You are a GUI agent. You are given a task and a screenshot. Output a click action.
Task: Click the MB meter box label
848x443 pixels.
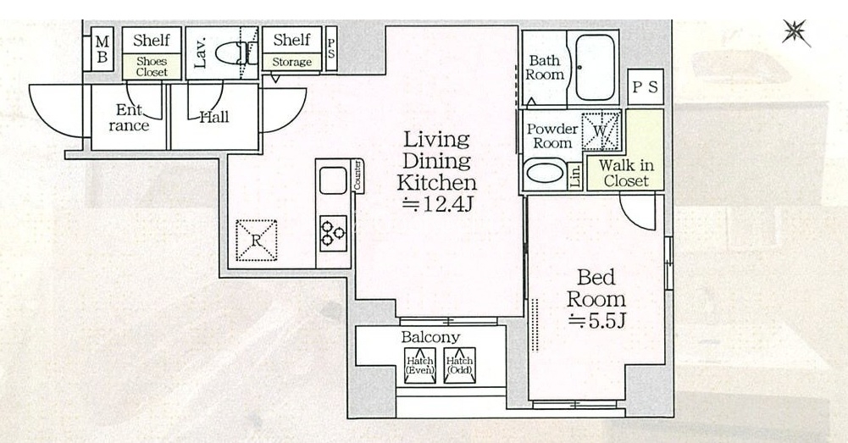[x=103, y=48]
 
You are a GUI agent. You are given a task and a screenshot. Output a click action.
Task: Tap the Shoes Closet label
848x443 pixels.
[x=152, y=67]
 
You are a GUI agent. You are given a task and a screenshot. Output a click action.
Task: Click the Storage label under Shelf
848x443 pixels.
[x=291, y=62]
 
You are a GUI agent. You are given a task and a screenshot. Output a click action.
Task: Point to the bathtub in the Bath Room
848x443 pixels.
[x=595, y=67]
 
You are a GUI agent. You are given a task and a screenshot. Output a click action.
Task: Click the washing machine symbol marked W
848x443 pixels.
[x=601, y=131]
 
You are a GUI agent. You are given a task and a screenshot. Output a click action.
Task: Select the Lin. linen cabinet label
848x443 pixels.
[x=575, y=176]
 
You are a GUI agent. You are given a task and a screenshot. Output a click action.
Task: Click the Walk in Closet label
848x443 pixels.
[x=626, y=173]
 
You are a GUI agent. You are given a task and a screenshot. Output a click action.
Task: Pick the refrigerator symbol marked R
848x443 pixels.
[x=257, y=241]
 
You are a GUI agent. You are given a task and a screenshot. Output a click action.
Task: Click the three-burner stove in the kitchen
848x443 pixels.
[x=333, y=233]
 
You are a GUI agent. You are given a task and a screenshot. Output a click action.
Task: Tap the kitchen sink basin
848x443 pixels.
[x=333, y=180]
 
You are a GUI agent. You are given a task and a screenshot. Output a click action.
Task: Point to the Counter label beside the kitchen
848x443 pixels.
[x=357, y=175]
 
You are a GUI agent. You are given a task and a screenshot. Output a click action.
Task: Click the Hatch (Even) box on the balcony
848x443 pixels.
[x=420, y=366]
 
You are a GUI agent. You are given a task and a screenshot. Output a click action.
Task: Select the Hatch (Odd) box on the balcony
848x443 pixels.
[x=460, y=366]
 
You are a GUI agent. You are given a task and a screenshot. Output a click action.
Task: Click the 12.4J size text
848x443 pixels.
[x=438, y=205]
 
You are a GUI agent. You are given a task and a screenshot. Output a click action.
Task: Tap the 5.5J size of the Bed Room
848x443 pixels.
[x=597, y=321]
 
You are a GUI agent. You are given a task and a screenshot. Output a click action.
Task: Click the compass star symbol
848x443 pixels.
[x=796, y=33]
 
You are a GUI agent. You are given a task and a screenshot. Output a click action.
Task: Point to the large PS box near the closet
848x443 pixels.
[x=646, y=86]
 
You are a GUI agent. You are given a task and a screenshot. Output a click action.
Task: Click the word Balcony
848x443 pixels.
[x=430, y=337]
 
